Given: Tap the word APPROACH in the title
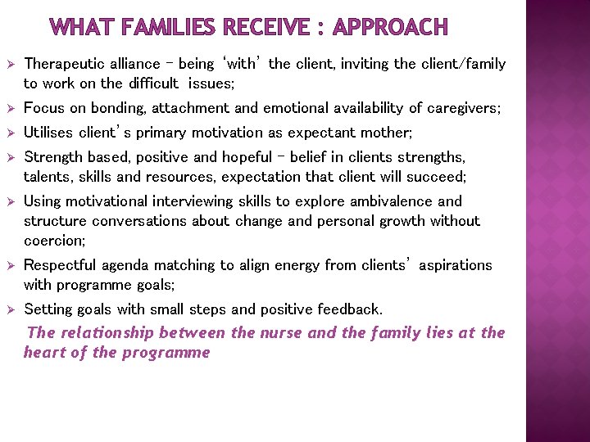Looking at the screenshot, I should pyautogui.click(x=391, y=28).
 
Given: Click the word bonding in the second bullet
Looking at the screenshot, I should pyautogui.click(x=113, y=108).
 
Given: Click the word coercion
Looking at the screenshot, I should pyautogui.click(x=54, y=241).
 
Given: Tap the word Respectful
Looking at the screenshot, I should pyautogui.click(x=60, y=265).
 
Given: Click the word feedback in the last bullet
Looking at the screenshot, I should pyautogui.click(x=352, y=309).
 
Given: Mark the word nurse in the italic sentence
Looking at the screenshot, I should pyautogui.click(x=280, y=332).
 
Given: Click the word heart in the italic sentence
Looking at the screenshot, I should pyautogui.click(x=43, y=353).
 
